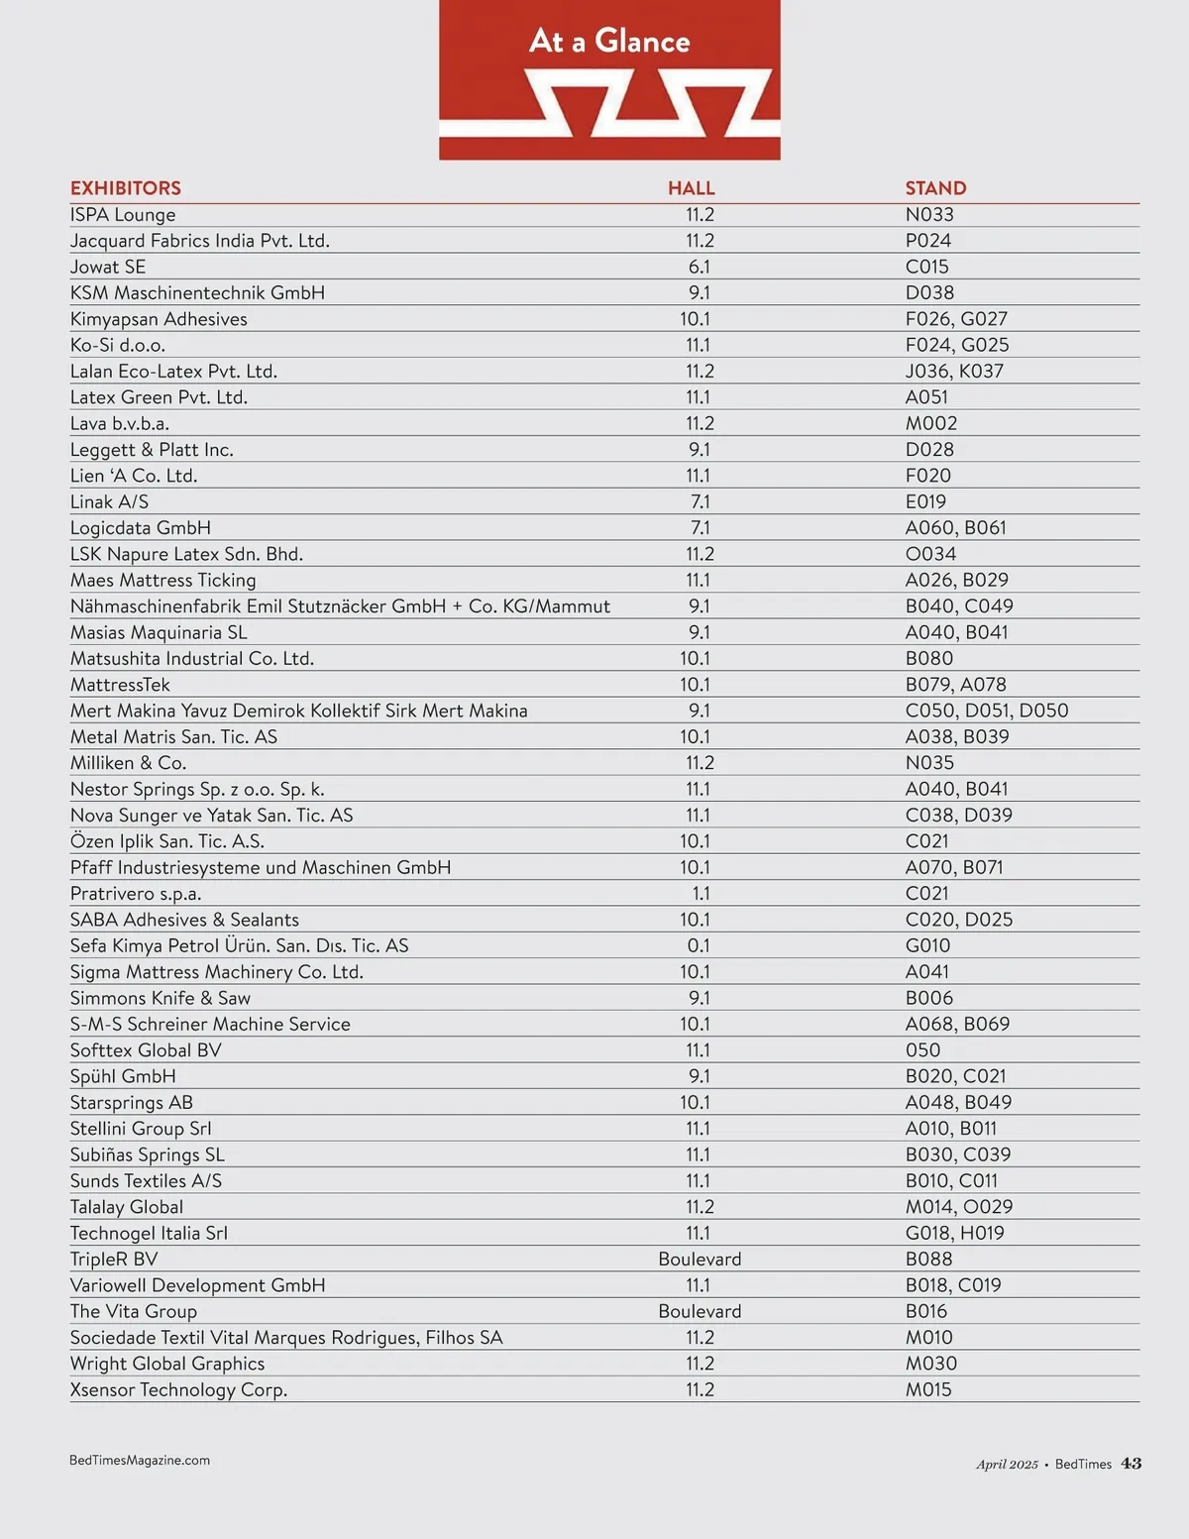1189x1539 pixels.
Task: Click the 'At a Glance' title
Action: click(609, 41)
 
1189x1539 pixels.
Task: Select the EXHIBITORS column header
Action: click(126, 188)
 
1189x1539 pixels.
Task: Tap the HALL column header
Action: click(691, 188)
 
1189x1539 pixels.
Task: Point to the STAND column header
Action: click(935, 188)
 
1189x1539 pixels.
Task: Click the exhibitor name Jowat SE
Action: click(108, 267)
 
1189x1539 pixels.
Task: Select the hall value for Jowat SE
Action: click(700, 267)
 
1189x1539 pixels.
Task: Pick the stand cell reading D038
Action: click(929, 293)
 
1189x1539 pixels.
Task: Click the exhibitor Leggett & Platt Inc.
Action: click(152, 450)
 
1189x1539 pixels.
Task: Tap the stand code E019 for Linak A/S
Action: click(925, 501)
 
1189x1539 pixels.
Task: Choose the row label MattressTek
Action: click(120, 685)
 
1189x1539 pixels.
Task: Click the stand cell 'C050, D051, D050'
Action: click(987, 711)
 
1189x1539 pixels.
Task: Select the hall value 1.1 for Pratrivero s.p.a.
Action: click(700, 894)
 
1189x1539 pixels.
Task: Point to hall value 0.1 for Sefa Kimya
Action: click(699, 946)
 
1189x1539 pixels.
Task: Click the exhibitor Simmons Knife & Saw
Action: click(161, 998)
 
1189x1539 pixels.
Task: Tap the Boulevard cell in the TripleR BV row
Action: click(700, 1260)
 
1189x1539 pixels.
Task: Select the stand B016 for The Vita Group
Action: click(926, 1312)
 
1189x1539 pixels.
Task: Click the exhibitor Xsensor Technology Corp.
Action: click(178, 1390)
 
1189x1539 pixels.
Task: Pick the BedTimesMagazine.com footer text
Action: click(140, 1461)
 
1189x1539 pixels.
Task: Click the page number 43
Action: click(1132, 1464)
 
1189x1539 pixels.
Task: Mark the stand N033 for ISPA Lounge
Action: click(929, 215)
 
